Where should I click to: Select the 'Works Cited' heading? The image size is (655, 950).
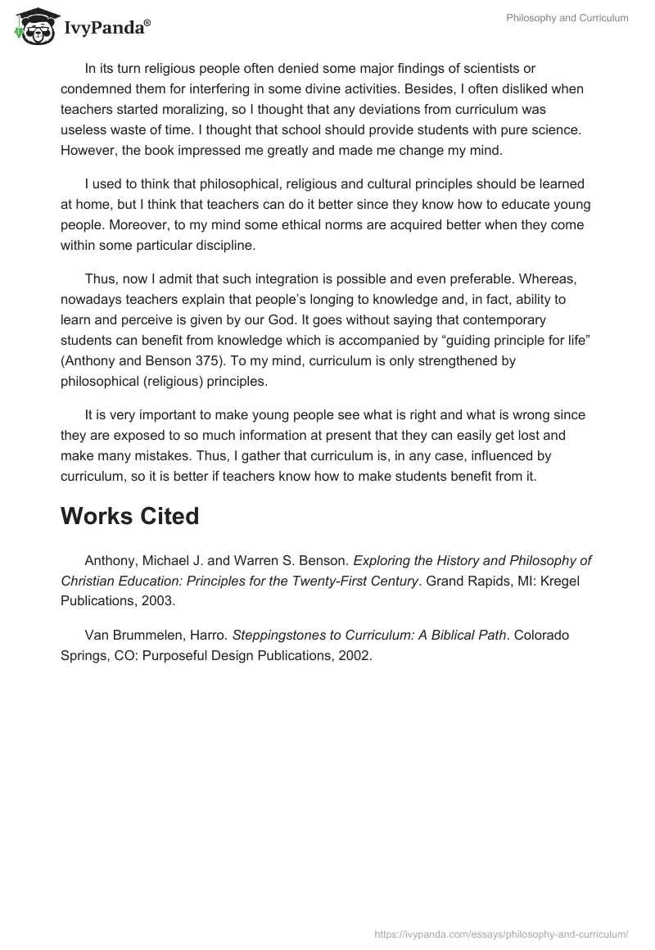tap(129, 516)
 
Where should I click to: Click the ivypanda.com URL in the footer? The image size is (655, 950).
tap(501, 933)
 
